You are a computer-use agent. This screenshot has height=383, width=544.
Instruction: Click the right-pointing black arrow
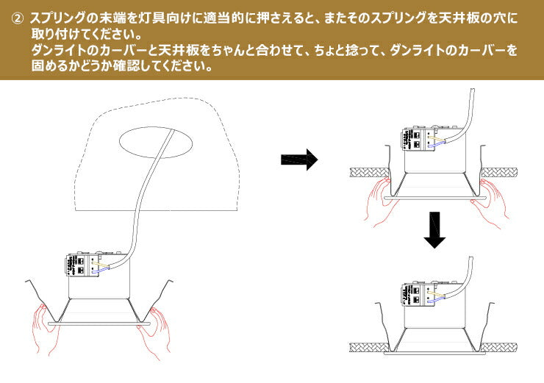pos(298,159)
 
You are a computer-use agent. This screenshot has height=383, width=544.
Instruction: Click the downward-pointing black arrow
pos(436,230)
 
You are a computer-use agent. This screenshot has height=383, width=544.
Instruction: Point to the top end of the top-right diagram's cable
pos(470,90)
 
